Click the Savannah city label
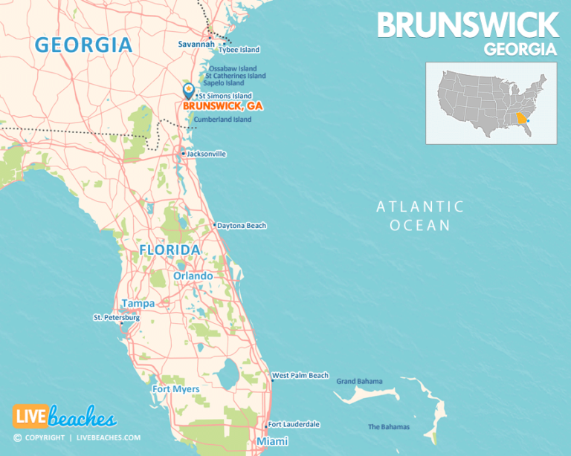[x=196, y=45]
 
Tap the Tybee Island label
[x=239, y=50]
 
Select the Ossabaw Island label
[x=232, y=68]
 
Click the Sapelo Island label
[x=228, y=83]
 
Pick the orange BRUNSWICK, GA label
[x=223, y=106]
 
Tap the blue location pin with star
[x=189, y=91]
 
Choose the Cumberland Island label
[x=222, y=120]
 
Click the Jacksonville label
[x=207, y=154]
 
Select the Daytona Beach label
[x=242, y=226]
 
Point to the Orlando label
[x=193, y=276]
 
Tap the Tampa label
[x=138, y=303]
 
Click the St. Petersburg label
[x=116, y=317]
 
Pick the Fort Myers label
[x=175, y=389]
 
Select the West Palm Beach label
[x=300, y=376]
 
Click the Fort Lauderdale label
[x=294, y=424]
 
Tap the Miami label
[x=271, y=442]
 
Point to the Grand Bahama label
[x=359, y=382]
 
